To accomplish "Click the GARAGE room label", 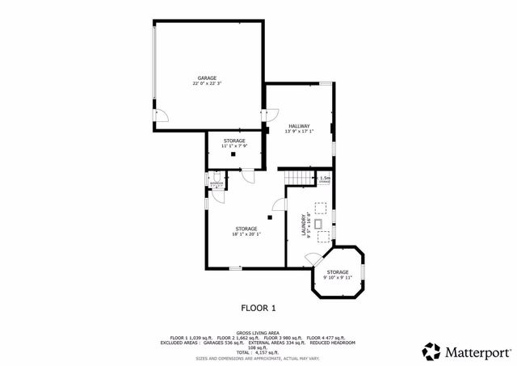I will click(207, 77).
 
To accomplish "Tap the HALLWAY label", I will click(300, 125).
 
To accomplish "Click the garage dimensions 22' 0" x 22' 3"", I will click(207, 83).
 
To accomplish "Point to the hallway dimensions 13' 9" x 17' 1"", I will click(300, 132).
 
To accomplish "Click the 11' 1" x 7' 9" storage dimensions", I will click(234, 147).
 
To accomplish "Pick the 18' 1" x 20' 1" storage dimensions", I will click(246, 234).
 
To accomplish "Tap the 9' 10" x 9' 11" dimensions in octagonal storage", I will click(338, 278).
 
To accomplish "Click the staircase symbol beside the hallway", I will click(297, 177).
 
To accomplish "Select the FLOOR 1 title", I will click(258, 307).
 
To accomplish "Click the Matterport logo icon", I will click(431, 351).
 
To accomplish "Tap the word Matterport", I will click(477, 352).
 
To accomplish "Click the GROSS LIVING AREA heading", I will click(258, 333).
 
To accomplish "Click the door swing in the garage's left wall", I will click(162, 116).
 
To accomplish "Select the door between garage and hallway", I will click(264, 117).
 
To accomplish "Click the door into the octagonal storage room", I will click(311, 257).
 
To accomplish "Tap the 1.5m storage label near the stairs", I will click(325, 179).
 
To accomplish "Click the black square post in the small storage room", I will click(233, 154).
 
